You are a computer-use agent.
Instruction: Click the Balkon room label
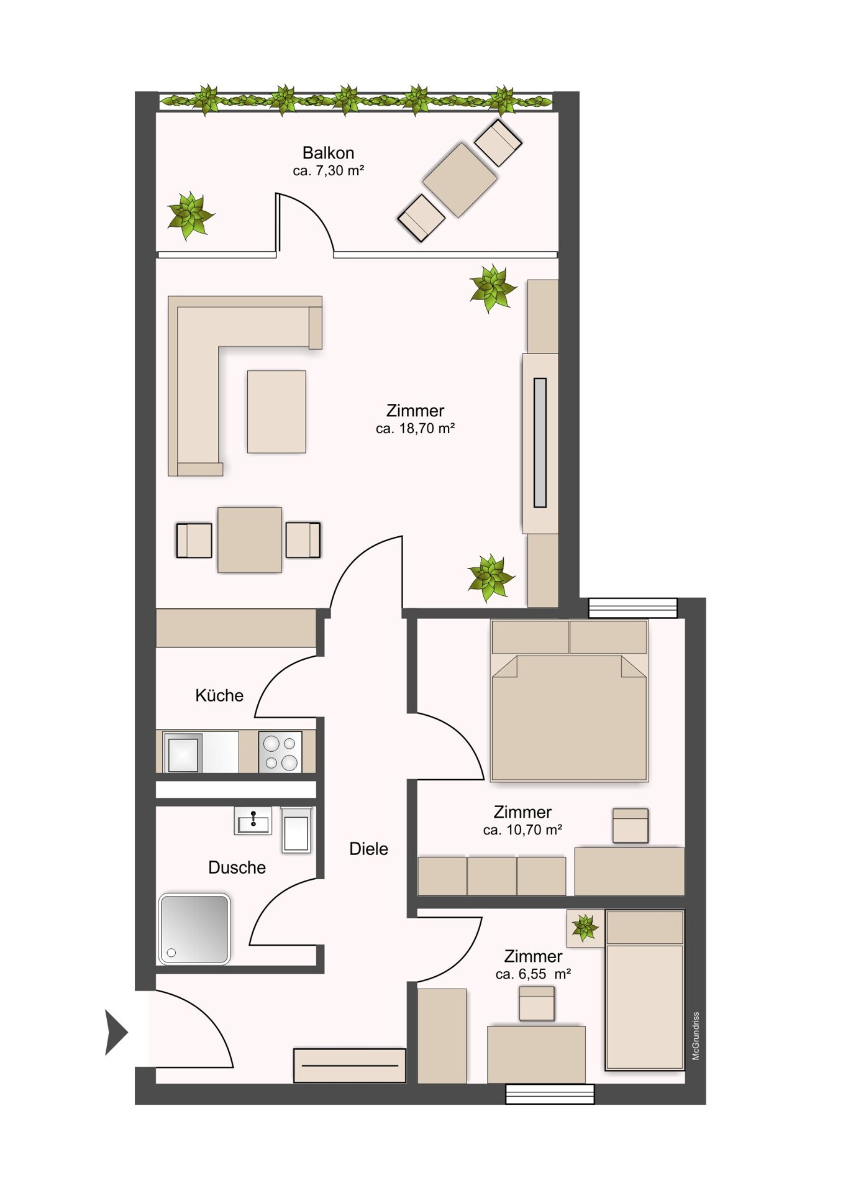[328, 153]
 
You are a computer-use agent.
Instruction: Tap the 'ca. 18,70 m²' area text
[415, 429]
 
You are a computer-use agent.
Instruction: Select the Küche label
[219, 695]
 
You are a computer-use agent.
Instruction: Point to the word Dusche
[237, 867]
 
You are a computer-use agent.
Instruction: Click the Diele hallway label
[368, 849]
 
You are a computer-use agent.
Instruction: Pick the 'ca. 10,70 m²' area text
[522, 830]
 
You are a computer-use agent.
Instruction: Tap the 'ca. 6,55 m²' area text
[533, 974]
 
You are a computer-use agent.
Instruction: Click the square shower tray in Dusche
[194, 929]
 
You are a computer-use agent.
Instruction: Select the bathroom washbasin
[253, 821]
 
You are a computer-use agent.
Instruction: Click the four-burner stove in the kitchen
[280, 752]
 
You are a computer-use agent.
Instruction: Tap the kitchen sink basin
[183, 752]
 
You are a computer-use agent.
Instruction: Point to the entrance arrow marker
[116, 1033]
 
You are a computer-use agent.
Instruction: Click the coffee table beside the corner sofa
[276, 412]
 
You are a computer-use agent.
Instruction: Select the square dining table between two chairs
[250, 540]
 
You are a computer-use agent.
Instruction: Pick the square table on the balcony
[460, 180]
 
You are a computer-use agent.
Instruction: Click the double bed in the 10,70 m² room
[569, 700]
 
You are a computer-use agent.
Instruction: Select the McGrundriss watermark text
[696, 1036]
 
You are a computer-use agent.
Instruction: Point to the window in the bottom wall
[550, 1094]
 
